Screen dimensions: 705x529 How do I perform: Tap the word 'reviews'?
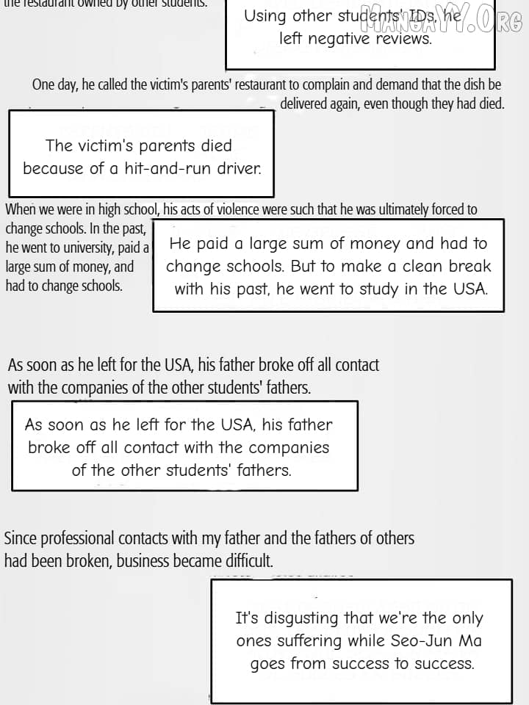403,39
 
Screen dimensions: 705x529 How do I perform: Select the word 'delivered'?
307,104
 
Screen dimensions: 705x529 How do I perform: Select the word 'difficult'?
248,562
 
